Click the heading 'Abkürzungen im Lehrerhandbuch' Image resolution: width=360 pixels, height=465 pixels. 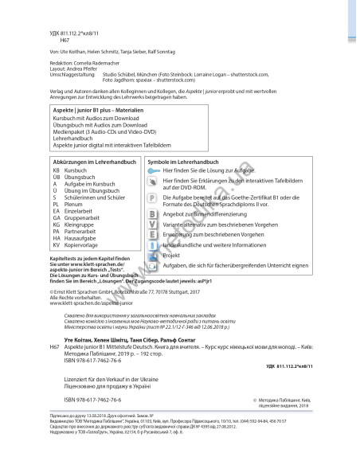pyautogui.click(x=92, y=162)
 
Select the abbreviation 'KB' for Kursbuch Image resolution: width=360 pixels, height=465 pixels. pyautogui.click(x=56, y=171)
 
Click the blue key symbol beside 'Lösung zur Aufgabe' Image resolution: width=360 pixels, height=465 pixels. pyautogui.click(x=153, y=171)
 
